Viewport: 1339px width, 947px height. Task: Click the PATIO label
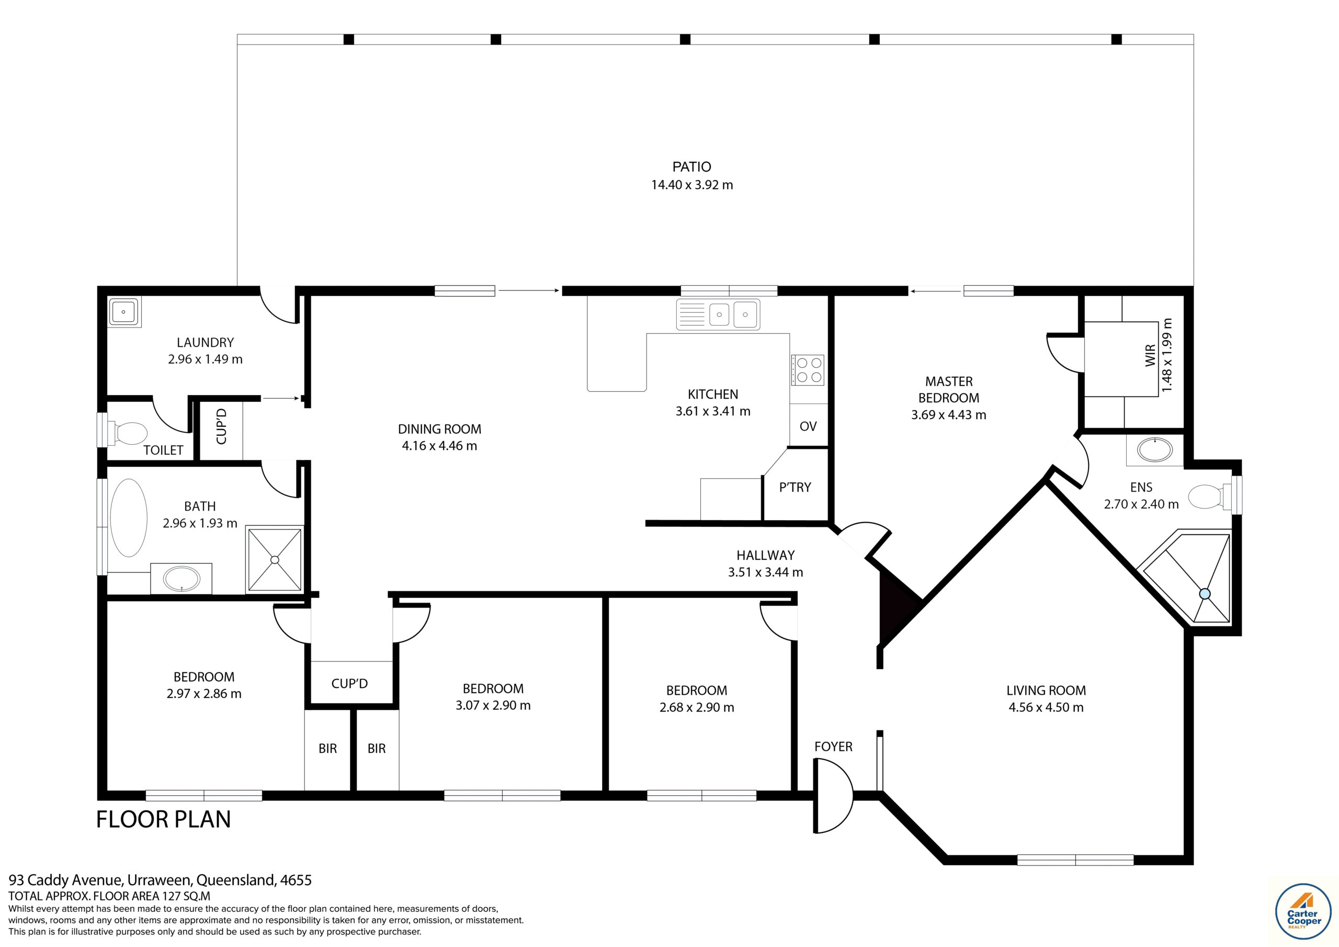coord(691,167)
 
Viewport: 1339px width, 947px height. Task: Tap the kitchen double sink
coord(732,314)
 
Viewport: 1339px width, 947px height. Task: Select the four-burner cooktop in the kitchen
coord(808,370)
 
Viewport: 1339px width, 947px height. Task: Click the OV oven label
coord(808,426)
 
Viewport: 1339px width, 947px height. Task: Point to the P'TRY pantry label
coord(795,487)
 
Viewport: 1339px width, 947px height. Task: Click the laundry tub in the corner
coord(124,312)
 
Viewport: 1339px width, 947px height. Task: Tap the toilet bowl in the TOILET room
coord(130,434)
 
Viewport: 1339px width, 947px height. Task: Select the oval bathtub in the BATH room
coord(128,517)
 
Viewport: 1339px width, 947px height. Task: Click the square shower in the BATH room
coord(275,559)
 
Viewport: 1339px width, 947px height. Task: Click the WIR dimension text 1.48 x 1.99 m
coord(1166,355)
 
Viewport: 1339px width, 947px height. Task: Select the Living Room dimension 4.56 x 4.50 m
coord(1046,707)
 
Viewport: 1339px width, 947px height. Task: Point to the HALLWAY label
coord(765,556)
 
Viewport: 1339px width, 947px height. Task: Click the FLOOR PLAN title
coord(163,819)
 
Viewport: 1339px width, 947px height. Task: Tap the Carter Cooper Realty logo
coord(1303,911)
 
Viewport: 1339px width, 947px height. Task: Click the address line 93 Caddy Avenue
coord(160,880)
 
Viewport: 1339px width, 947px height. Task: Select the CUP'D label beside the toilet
coord(221,426)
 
